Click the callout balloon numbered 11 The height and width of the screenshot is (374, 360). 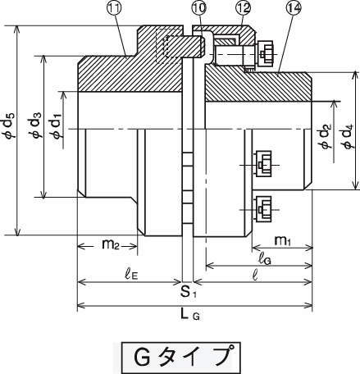pyautogui.click(x=114, y=9)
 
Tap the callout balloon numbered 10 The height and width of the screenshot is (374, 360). pyautogui.click(x=199, y=9)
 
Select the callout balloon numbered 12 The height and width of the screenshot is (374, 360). pyautogui.click(x=243, y=8)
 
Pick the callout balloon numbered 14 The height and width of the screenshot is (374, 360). pyautogui.click(x=293, y=8)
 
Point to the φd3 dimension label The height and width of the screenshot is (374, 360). pyautogui.click(x=35, y=125)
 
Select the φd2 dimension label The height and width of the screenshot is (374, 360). pyautogui.click(x=326, y=136)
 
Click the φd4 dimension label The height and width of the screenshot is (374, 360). pyautogui.click(x=349, y=136)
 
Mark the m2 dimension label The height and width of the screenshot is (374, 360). pyautogui.click(x=111, y=244)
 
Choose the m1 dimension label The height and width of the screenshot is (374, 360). pyautogui.click(x=282, y=241)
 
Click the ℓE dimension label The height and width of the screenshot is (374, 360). pyautogui.click(x=131, y=275)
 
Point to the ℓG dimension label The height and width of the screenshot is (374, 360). pyautogui.click(x=265, y=259)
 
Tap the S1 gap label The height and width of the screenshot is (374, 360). pyautogui.click(x=189, y=292)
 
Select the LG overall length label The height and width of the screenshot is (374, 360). pyautogui.click(x=190, y=314)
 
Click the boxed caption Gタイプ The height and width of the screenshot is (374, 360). pyautogui.click(x=181, y=358)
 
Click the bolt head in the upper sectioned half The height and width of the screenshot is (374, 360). pyautogui.click(x=265, y=54)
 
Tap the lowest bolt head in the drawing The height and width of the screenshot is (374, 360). pyautogui.click(x=263, y=209)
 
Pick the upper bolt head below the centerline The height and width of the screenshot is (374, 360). pyautogui.click(x=263, y=165)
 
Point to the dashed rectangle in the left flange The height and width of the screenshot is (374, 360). pyautogui.click(x=169, y=46)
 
